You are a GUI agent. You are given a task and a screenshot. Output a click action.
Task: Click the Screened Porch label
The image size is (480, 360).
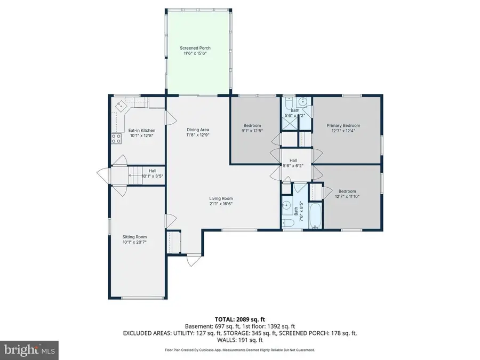[x=197, y=49]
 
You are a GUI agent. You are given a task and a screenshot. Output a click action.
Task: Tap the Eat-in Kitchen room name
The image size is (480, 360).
[x=142, y=131]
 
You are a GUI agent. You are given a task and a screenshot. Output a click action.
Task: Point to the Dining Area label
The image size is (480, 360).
[x=197, y=130]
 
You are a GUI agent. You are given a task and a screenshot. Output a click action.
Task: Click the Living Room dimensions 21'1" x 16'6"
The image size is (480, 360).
[x=221, y=203]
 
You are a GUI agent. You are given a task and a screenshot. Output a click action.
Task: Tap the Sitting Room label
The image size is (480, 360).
[x=134, y=237]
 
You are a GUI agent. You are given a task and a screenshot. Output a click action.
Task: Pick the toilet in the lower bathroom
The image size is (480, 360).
[x=287, y=223]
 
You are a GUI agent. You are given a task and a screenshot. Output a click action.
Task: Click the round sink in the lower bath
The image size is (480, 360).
[x=287, y=205]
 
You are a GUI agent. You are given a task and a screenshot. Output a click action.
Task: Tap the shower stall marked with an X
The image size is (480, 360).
[x=290, y=121]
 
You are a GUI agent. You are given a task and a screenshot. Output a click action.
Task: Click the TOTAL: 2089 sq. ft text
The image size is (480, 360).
[x=239, y=318]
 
